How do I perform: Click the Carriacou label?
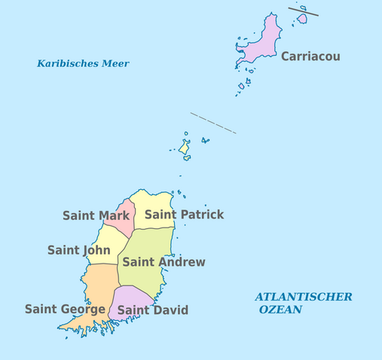point(310,56)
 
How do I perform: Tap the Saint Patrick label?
point(184,215)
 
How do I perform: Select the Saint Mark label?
point(96,215)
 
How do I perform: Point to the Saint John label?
point(78,250)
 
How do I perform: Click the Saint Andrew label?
point(163,262)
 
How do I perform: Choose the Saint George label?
point(65,309)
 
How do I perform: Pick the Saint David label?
point(153,310)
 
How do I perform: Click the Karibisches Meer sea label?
point(83,64)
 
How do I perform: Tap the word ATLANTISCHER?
point(303,297)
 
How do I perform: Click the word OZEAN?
point(280,310)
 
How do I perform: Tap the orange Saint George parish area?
point(98,290)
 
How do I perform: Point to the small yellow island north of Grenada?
point(184,148)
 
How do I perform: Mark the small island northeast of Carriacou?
point(302,18)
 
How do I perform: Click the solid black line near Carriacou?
point(303,11)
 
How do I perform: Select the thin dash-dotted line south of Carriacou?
point(213,124)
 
